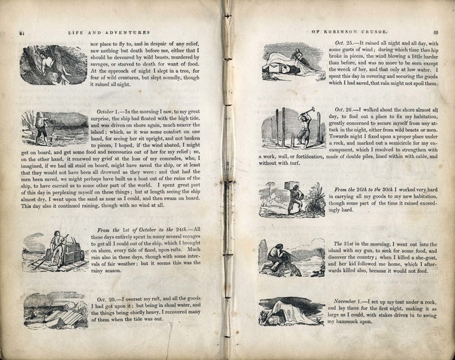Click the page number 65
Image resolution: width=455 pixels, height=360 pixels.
[435, 31]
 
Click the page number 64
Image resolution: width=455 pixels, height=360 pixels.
[22, 32]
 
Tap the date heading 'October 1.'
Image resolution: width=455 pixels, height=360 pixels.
[109, 112]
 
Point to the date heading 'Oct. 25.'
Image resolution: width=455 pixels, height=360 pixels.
[339, 43]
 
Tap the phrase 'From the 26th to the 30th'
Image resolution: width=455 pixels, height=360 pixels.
[368, 190]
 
